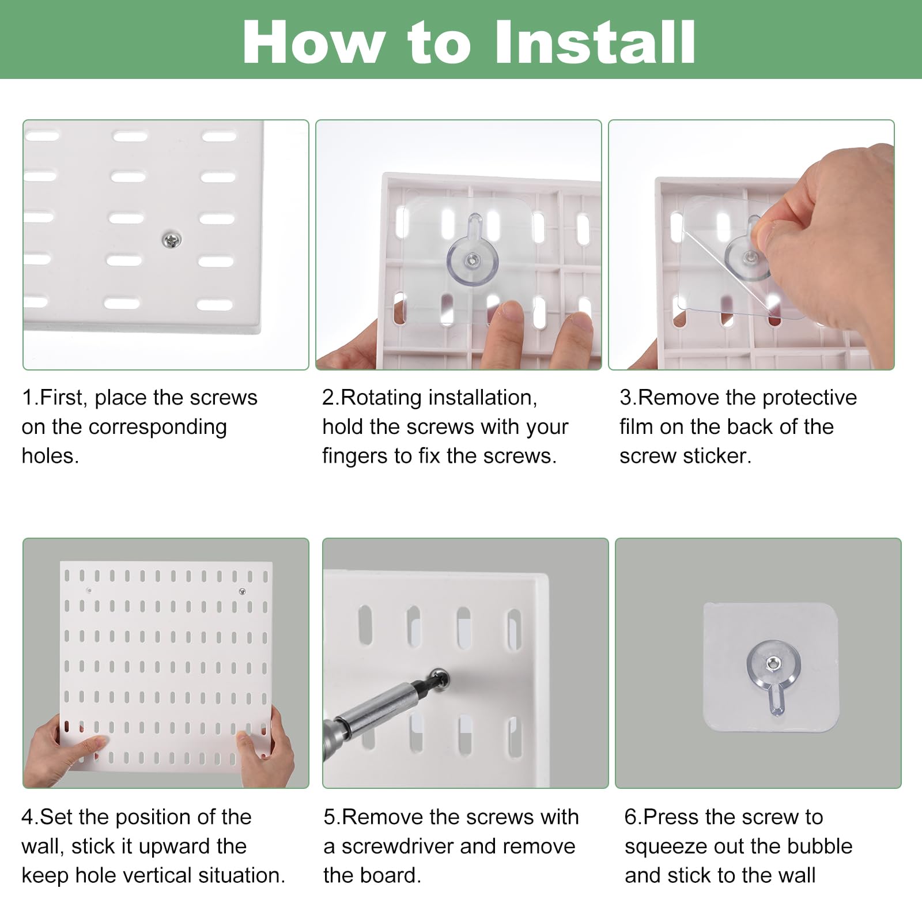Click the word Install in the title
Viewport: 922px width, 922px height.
(595, 42)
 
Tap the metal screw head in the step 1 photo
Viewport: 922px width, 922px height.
(172, 239)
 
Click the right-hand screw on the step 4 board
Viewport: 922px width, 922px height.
(242, 591)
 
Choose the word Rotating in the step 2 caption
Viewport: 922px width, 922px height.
(381, 398)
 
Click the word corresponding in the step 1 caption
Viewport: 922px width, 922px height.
(157, 428)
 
